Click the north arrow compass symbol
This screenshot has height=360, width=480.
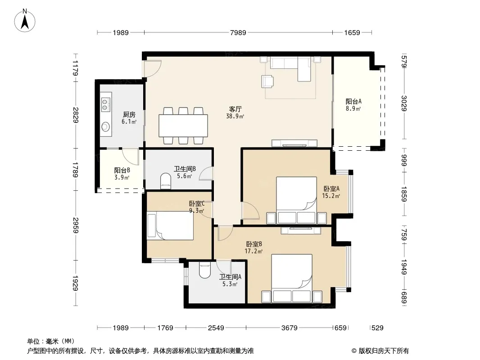[25, 21]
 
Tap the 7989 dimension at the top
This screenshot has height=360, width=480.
[238, 32]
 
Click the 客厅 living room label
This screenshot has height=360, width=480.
[235, 109]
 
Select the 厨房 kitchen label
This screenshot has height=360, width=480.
[129, 115]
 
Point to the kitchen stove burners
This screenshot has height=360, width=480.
[106, 104]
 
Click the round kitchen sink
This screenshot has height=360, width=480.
[106, 126]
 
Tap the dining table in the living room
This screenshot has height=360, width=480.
[183, 126]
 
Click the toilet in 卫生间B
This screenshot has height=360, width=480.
[166, 180]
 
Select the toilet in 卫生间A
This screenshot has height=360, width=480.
[204, 270]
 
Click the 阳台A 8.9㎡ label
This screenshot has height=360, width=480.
[353, 104]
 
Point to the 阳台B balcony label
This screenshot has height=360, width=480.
[122, 170]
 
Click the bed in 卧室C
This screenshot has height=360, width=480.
[170, 226]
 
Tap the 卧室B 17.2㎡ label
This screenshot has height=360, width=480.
[254, 248]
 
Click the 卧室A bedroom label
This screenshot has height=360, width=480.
[331, 189]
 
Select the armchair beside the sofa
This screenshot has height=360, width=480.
[267, 81]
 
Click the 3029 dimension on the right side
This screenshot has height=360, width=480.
[404, 103]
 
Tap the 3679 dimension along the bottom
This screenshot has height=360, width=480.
[289, 328]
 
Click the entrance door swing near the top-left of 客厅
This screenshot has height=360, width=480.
[153, 68]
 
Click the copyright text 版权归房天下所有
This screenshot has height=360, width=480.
[384, 351]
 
